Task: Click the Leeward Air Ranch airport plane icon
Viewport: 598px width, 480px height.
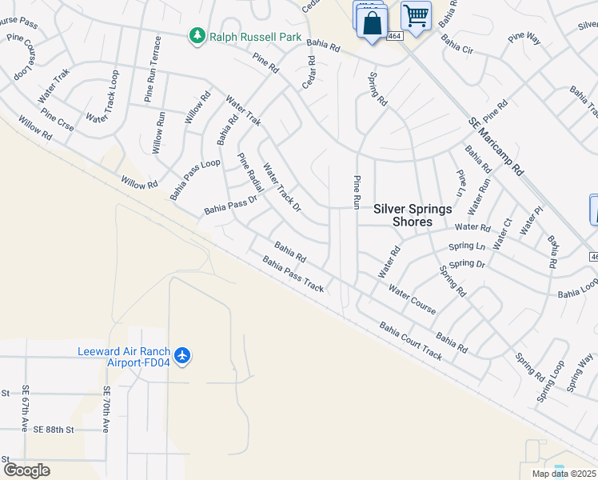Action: point(183,354)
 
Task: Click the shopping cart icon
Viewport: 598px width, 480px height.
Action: point(416,15)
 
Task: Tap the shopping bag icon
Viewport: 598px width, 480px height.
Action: point(373,22)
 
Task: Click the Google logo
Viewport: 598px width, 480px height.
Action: point(26,470)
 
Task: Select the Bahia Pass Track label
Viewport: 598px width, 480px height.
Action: point(293,274)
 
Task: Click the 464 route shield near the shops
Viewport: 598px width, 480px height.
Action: point(396,36)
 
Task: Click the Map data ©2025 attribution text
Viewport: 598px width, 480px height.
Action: point(564,474)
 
